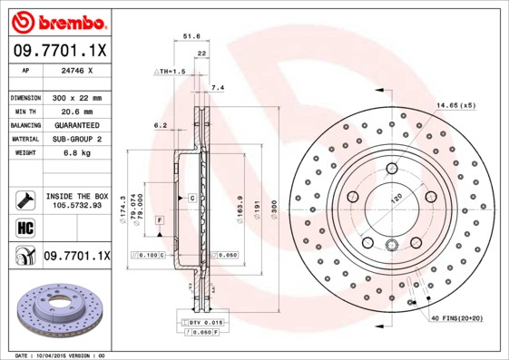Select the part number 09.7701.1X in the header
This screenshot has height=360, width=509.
57,49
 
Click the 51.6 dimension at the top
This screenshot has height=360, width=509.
191,36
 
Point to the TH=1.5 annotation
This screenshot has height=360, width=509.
171,71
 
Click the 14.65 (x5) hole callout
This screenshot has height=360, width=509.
454,105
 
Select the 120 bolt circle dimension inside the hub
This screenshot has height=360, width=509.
396,198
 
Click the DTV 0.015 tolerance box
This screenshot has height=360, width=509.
206,323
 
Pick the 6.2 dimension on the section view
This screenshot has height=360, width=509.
160,125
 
